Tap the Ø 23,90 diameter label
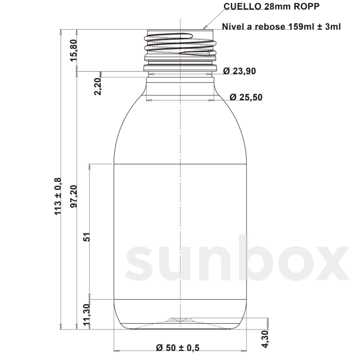point(239,71)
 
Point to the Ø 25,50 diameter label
point(246,97)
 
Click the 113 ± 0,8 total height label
point(58,196)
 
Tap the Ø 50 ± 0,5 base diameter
point(178,348)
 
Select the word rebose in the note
point(270,27)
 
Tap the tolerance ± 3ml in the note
point(329,27)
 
